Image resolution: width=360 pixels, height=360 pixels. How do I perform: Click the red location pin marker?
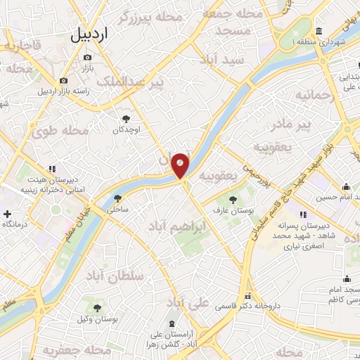[x=180, y=166]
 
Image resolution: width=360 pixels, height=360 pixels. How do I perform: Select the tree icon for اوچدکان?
[x=127, y=119]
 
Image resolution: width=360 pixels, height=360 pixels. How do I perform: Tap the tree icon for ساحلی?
[x=117, y=198]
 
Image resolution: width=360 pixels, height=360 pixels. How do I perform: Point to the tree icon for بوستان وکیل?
[x=98, y=308]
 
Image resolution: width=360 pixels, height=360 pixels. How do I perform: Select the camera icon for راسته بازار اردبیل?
[x=64, y=80]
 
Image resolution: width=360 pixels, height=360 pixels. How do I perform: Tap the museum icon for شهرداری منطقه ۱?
[x=319, y=32]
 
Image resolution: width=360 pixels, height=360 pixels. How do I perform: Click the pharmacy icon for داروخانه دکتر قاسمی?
[x=247, y=296]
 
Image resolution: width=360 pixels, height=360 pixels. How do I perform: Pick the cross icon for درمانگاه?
[x=7, y=213]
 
